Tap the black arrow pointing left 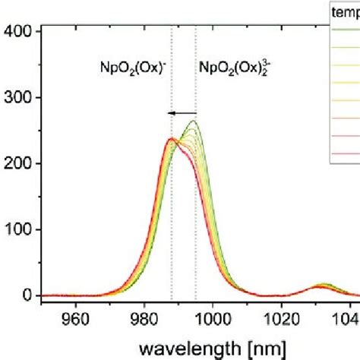click(181, 112)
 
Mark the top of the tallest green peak click(194, 121)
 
